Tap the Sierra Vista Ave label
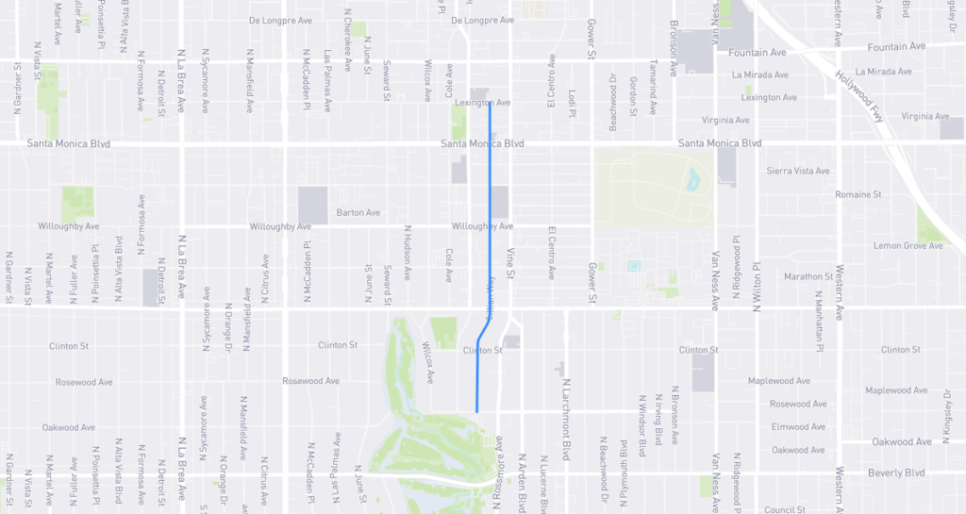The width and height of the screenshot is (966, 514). pyautogui.click(x=798, y=172)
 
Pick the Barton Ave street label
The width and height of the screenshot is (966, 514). pyautogui.click(x=358, y=213)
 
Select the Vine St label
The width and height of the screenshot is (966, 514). pyautogui.click(x=509, y=263)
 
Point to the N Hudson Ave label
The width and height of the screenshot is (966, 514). pyautogui.click(x=408, y=253)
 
